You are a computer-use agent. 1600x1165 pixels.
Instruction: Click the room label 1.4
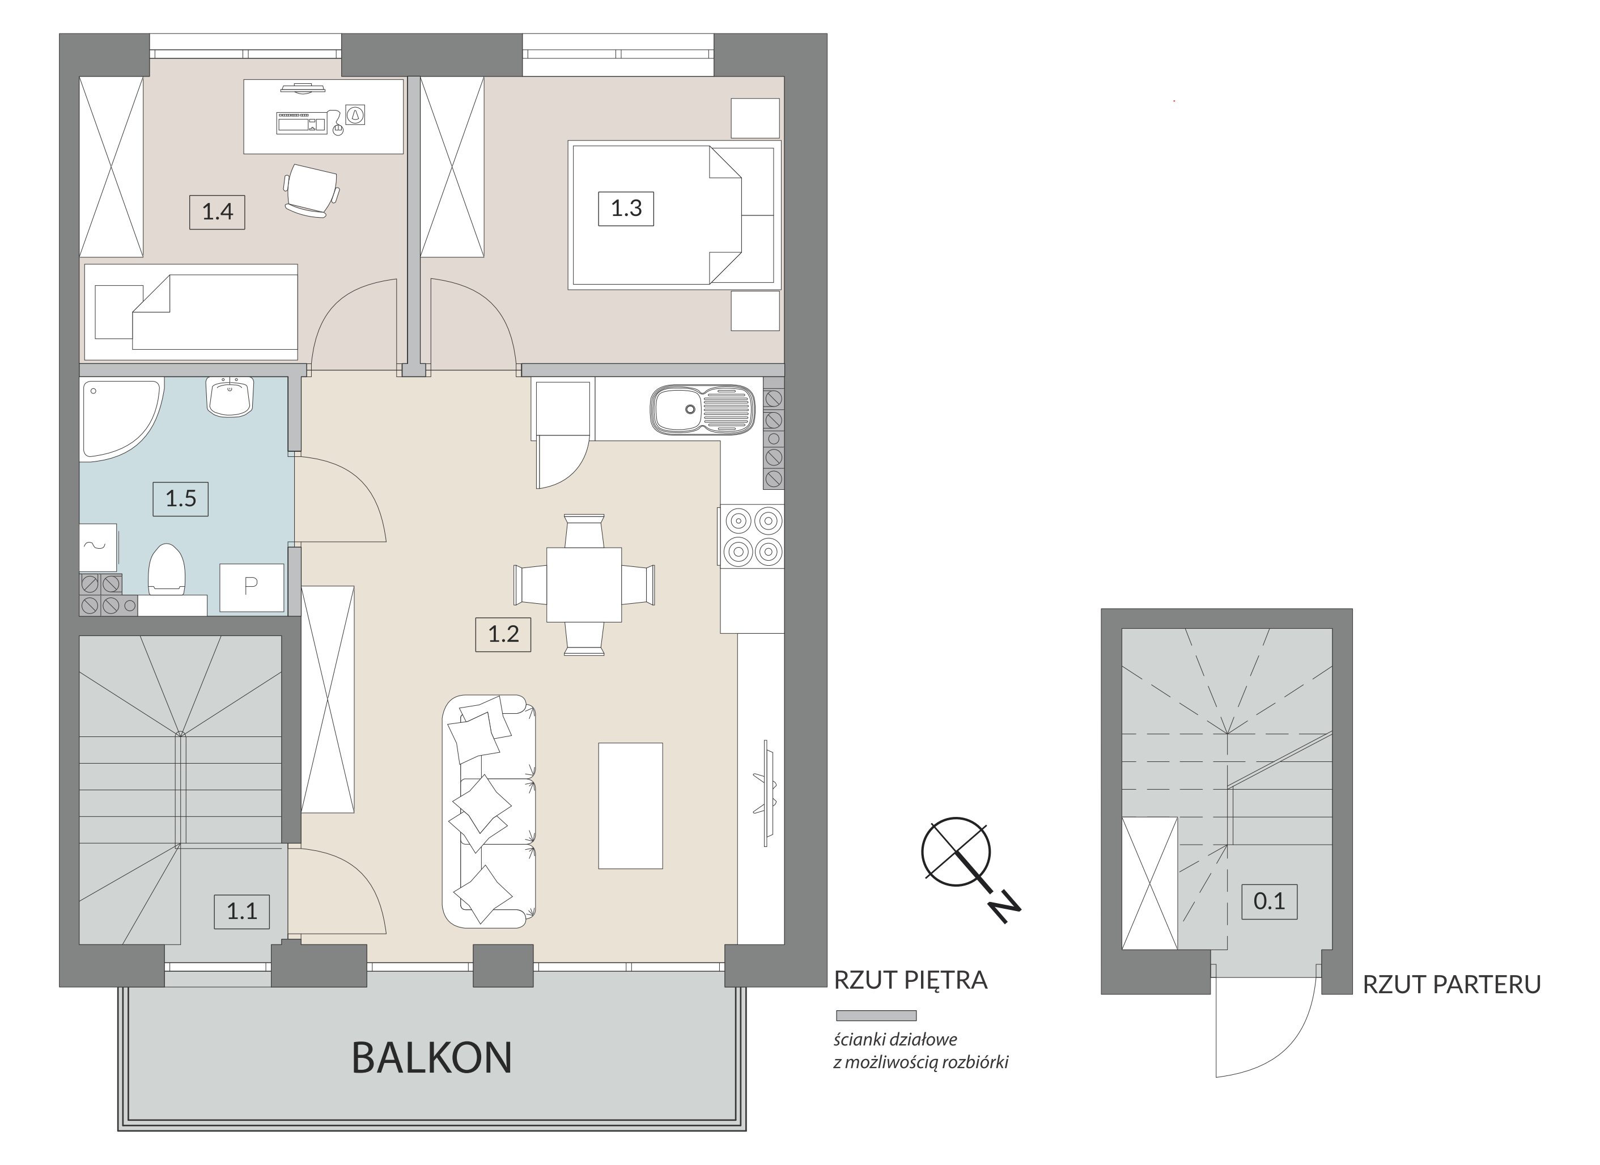[x=217, y=211]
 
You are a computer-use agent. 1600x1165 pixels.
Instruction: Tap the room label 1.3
[x=626, y=208]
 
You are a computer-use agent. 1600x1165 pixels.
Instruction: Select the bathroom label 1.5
[x=181, y=499]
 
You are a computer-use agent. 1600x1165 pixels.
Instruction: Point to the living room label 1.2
[x=503, y=634]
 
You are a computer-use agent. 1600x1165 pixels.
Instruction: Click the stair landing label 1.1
[x=242, y=911]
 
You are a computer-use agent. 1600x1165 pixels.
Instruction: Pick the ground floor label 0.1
[x=1269, y=901]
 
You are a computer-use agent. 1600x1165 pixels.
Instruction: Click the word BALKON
[x=432, y=1058]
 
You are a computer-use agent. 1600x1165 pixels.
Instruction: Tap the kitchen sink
[x=702, y=409]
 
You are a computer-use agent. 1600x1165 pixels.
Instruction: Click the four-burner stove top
[x=752, y=536]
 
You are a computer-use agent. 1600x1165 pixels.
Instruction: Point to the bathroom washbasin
[x=230, y=397]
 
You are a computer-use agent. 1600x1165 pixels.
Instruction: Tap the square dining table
[x=584, y=585]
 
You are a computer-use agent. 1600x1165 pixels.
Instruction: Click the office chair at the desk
[x=311, y=190]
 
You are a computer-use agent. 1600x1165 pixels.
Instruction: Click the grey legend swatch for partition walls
[x=876, y=1016]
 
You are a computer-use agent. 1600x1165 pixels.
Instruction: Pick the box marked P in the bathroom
[x=252, y=588]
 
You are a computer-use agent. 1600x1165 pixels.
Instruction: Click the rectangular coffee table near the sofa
[x=631, y=806]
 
